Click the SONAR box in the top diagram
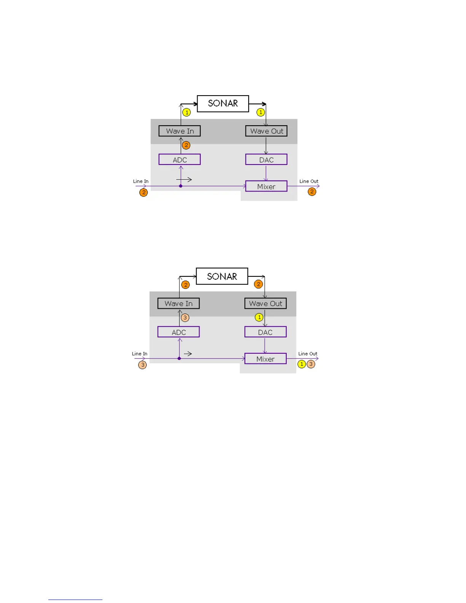coord(223,104)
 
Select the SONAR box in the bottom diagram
coord(222,276)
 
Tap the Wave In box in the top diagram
coord(180,131)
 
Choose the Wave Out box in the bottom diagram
coord(265,303)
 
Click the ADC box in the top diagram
coord(180,160)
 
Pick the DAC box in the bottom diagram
coord(265,332)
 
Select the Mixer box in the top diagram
coord(266,187)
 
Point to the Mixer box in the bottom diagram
coord(265,359)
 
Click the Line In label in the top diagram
coord(141,181)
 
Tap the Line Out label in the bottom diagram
coord(308,354)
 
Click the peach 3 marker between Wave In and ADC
coord(185,317)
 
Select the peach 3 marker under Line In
coord(142,365)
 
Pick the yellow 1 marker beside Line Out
coord(302,364)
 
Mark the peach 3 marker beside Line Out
coord(311,364)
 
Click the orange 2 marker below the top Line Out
coord(312,191)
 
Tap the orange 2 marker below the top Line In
coord(144,192)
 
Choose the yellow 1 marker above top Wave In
coord(187,112)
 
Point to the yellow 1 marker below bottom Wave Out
coord(259,317)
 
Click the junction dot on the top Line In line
coord(181,186)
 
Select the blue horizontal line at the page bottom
coord(75,600)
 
